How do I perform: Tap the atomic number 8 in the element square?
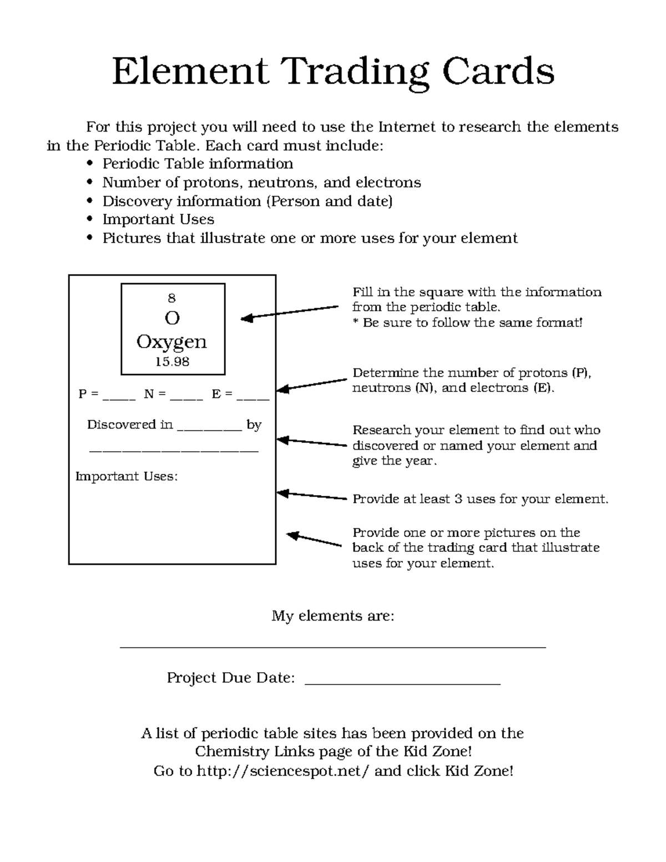click(x=172, y=298)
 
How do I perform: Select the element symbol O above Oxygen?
click(x=172, y=318)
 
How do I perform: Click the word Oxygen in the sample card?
click(x=172, y=342)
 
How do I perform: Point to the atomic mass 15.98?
click(x=172, y=362)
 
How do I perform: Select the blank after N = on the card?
click(x=186, y=396)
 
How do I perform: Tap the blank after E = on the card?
click(x=253, y=396)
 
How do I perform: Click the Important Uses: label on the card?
click(x=127, y=476)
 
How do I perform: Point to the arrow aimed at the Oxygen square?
click(x=289, y=312)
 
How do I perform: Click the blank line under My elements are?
click(x=333, y=646)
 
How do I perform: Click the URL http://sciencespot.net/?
click(x=283, y=771)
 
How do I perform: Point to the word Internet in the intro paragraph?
click(x=407, y=127)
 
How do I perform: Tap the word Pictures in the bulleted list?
click(x=128, y=238)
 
